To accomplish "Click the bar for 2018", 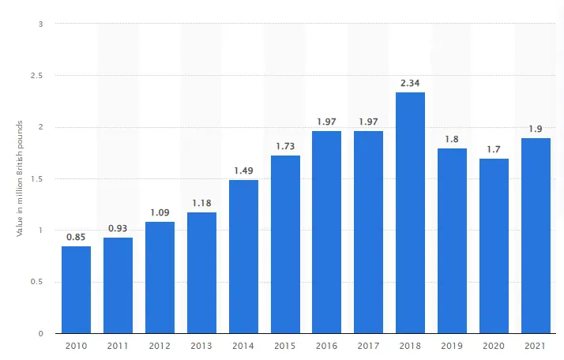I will click(x=410, y=213).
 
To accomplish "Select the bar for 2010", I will click(x=77, y=290).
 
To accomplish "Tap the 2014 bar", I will click(x=243, y=257).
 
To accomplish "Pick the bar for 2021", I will click(x=536, y=236).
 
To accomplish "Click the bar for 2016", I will click(x=327, y=232).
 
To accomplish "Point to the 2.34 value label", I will click(x=410, y=82).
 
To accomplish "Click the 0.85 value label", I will click(x=77, y=235).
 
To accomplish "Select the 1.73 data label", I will click(x=285, y=145).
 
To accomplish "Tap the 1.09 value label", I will click(x=160, y=212).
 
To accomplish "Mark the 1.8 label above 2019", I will click(x=452, y=138).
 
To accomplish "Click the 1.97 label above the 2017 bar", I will click(x=369, y=121).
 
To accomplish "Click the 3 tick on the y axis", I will click(x=39, y=24).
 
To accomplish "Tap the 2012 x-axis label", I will click(x=160, y=345).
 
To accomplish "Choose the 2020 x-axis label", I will click(x=494, y=345).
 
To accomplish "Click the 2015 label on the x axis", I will click(x=285, y=345).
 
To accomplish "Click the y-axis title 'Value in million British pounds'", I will click(x=17, y=178).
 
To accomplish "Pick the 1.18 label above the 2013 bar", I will click(x=201, y=202).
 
